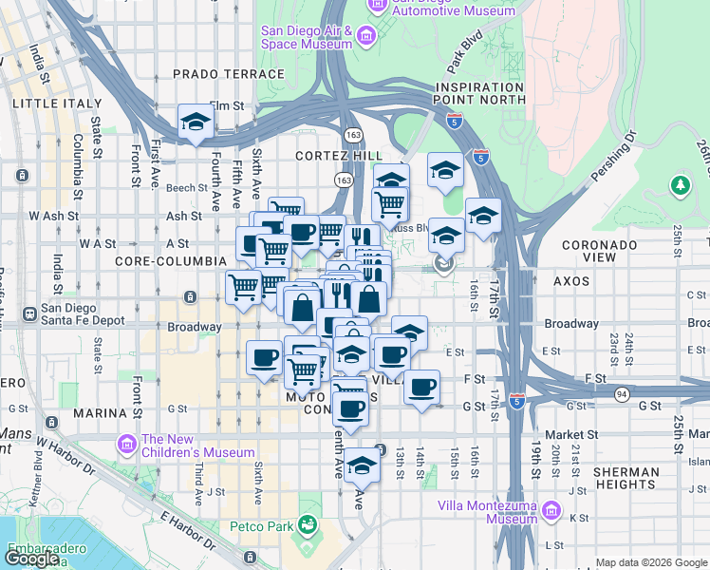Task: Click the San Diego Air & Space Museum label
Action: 308,37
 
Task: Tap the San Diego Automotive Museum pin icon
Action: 377,6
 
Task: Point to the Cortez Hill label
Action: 339,156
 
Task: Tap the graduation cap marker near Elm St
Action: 195,122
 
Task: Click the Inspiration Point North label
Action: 479,92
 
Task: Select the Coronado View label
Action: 599,251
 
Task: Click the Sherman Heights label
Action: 626,478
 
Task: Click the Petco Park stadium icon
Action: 307,524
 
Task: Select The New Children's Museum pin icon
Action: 125,444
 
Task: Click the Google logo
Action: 33,559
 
